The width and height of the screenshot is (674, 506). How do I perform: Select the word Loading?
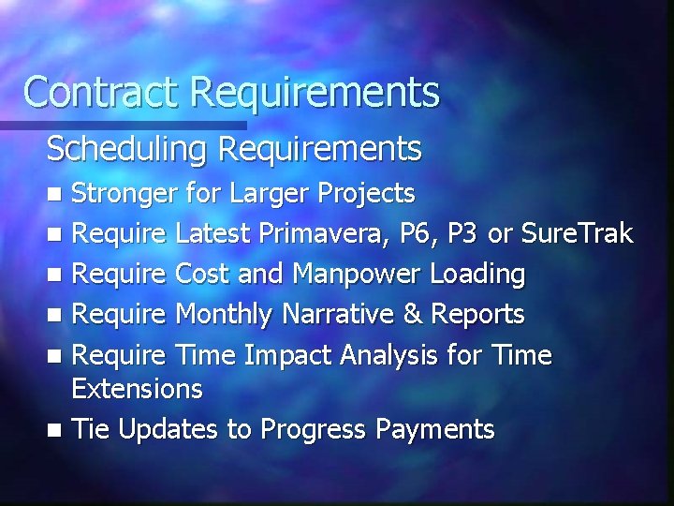pos(477,275)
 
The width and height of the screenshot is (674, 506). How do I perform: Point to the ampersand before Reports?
pos(413,315)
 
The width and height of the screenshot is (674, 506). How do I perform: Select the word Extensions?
pos(137,388)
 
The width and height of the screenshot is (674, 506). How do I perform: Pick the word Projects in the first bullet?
pos(366,194)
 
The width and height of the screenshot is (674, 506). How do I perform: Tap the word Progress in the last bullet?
pos(314,429)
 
